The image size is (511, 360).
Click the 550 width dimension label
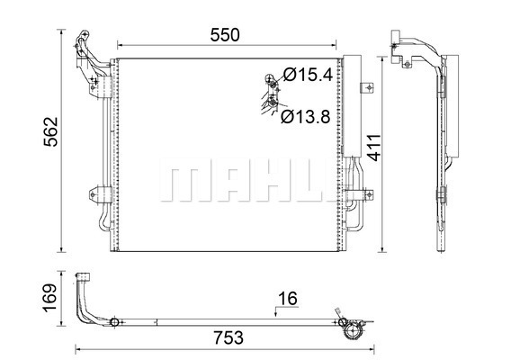tap(225, 35)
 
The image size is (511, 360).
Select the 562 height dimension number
tap(51, 131)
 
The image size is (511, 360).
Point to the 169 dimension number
tap(49, 298)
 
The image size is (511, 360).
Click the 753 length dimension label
tap(229, 337)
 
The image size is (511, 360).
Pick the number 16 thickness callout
tap(288, 299)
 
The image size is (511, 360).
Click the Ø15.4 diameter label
tap(308, 75)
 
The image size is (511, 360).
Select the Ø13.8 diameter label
tap(306, 116)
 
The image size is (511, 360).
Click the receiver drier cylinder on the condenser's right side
tap(353, 106)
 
